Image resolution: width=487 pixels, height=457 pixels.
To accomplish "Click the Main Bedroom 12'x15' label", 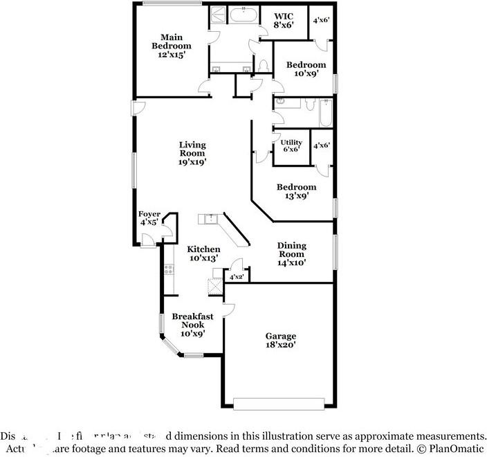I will coord(171,46).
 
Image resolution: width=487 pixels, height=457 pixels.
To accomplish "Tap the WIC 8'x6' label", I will coord(284,20).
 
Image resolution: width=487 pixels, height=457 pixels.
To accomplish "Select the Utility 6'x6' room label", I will coord(291,145).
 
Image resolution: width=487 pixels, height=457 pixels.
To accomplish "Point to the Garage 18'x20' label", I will coord(280,340).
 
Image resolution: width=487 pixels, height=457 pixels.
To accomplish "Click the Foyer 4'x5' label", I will coord(150,218).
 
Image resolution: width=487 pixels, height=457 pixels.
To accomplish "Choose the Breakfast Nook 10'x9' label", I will coord(192,324).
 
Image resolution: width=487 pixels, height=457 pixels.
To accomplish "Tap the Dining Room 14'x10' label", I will coord(291,253).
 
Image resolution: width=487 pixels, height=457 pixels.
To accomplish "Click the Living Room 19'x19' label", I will coord(192,153).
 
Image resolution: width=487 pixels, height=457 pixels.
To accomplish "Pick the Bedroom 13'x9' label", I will coord(296,191).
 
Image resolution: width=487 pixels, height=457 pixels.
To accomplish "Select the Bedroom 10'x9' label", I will coord(306,69).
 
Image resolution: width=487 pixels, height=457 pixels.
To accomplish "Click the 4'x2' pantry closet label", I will coord(235,277).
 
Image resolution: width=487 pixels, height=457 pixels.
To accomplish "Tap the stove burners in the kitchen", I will coord(167,268).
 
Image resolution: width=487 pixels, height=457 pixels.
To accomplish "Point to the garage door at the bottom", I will coord(277,403).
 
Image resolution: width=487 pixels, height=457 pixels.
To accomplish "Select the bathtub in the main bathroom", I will coord(243,15).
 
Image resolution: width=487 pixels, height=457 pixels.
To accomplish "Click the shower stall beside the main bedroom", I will coord(217,15).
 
